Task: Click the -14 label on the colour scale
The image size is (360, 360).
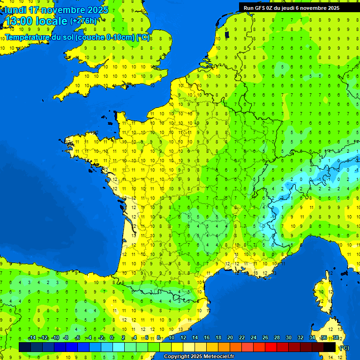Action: pos(32,338)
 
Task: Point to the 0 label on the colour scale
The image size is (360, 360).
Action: pos(112,338)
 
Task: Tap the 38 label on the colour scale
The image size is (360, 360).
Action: pos(336,338)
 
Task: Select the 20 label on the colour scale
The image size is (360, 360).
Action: pos(230,338)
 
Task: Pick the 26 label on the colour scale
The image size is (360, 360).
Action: pos(265,338)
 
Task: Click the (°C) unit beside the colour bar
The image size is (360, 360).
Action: pos(344,348)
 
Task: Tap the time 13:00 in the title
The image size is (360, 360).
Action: pos(18,21)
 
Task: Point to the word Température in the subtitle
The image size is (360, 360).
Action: pos(29,37)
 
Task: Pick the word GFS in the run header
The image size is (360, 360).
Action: pos(261,8)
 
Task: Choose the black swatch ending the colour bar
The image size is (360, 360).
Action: pos(330,347)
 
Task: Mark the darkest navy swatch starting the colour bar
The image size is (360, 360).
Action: pos(25,347)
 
